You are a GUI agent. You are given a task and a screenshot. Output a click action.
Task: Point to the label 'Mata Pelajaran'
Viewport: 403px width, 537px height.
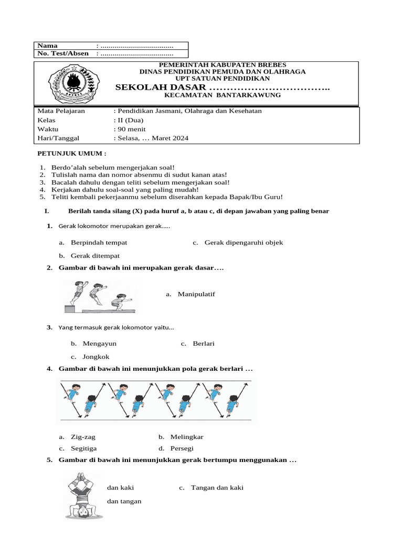click(61, 111)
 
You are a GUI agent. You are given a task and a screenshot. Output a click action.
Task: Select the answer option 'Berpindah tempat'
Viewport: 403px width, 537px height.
click(99, 243)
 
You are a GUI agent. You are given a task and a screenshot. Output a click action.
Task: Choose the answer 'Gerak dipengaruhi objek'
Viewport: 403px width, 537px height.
click(243, 243)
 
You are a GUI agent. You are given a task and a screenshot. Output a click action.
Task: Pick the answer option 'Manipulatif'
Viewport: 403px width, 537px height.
click(196, 294)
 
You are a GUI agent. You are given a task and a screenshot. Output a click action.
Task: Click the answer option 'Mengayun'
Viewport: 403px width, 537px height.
click(99, 343)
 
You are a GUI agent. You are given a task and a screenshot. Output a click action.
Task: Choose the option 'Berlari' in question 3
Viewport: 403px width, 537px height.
click(204, 343)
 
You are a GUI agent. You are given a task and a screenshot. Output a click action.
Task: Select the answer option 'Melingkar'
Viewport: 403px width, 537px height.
click(187, 436)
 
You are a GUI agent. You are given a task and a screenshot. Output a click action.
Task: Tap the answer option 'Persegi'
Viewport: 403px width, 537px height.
click(182, 448)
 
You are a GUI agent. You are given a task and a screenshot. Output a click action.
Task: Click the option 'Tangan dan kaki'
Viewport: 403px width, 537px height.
click(217, 488)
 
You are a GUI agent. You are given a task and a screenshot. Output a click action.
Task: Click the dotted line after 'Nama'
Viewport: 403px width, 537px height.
click(137, 46)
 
